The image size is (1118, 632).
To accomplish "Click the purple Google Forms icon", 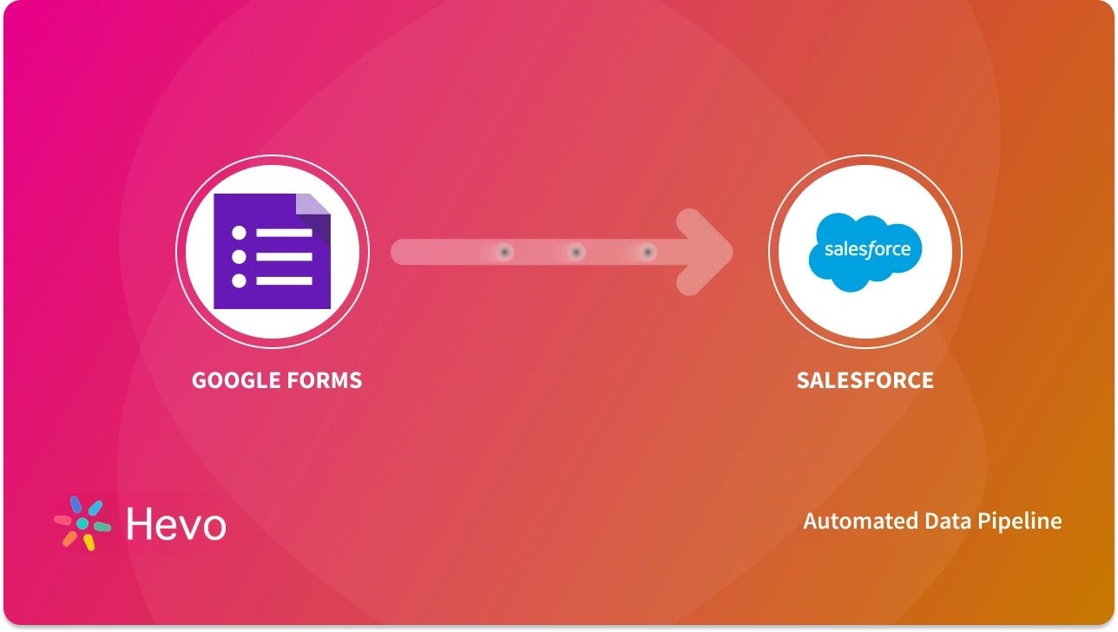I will [272, 252].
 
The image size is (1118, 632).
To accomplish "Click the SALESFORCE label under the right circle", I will [865, 380].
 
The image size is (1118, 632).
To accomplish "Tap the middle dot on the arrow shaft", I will [575, 252].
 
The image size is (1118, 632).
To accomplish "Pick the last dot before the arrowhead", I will [647, 252].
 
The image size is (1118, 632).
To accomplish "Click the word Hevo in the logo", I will [176, 524].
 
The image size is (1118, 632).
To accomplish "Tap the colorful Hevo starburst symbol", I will [82, 523].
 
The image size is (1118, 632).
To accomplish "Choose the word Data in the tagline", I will [944, 521].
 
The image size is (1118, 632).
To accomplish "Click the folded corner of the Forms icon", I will [313, 209].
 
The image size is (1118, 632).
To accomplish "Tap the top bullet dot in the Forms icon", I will [240, 233].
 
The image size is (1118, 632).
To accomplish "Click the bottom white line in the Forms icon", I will [284, 280].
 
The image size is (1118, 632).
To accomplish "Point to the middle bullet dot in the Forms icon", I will [240, 257].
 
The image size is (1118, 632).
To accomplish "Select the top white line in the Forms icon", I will [284, 233].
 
